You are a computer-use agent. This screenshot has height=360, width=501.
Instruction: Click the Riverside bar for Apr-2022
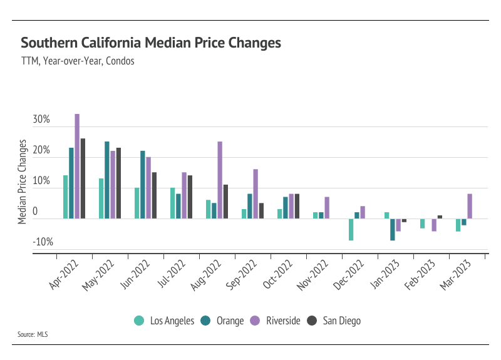tap(77, 166)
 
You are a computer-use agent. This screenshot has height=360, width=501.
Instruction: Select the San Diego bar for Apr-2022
tap(83, 178)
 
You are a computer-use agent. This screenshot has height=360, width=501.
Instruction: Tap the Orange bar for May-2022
tap(107, 180)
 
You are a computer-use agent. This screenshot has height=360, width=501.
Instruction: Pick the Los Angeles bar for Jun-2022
tap(137, 203)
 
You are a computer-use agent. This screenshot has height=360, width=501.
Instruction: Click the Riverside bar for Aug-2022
tap(220, 180)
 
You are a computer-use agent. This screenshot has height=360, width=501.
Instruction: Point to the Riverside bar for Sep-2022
tap(256, 193)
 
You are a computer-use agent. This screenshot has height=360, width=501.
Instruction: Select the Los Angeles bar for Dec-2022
tap(351, 229)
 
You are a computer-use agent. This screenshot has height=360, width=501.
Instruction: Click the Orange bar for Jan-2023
tap(393, 229)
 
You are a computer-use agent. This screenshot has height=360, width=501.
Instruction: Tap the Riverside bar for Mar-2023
tap(470, 206)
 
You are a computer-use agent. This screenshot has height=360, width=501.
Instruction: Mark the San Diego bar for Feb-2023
tap(440, 217)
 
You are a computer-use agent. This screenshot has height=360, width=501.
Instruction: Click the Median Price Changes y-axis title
tap(23, 182)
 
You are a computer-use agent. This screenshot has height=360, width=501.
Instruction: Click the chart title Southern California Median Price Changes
tap(151, 43)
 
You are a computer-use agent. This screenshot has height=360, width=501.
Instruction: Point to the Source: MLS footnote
tap(33, 334)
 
